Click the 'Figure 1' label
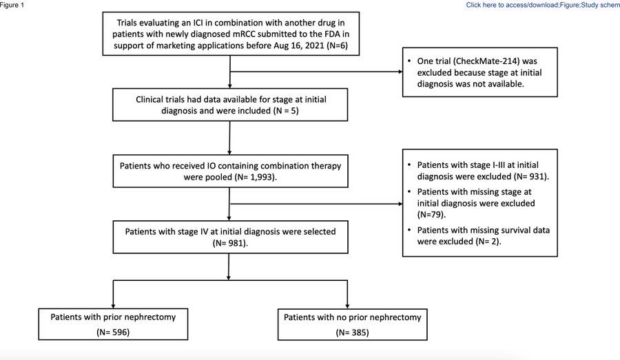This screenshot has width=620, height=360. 12,5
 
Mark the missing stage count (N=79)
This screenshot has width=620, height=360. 428,215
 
